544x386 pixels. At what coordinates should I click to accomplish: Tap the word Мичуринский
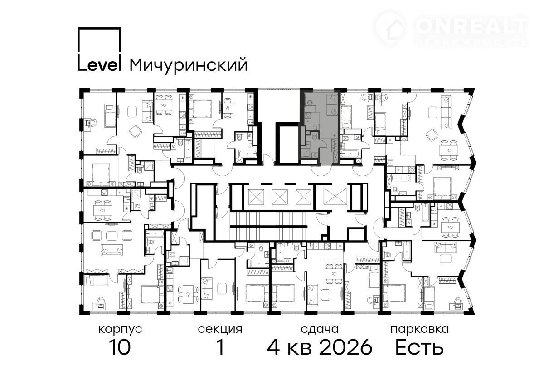(x=189, y=65)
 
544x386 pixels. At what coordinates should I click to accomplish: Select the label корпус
(x=120, y=330)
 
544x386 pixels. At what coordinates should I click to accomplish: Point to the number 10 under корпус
(x=120, y=347)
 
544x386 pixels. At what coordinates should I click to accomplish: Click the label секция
(x=220, y=329)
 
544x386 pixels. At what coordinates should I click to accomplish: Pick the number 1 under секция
(x=220, y=347)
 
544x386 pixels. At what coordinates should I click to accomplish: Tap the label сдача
(x=320, y=329)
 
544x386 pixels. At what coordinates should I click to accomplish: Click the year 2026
(x=346, y=347)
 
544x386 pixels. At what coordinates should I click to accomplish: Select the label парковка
(x=420, y=330)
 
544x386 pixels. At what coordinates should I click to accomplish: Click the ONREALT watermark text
(x=471, y=26)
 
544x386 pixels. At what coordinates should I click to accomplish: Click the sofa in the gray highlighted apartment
(x=332, y=104)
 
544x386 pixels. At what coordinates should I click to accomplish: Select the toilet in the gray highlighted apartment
(x=314, y=137)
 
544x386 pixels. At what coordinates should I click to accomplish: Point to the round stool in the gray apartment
(x=309, y=103)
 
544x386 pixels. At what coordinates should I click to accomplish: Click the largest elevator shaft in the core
(x=335, y=197)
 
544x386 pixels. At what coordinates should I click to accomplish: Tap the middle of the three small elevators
(x=280, y=197)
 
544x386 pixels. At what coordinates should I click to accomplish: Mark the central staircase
(x=269, y=226)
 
